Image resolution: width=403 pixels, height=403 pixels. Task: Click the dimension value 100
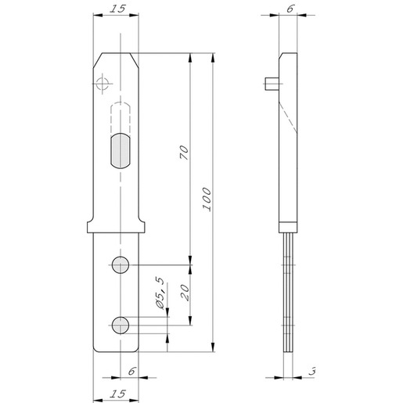click(207, 199)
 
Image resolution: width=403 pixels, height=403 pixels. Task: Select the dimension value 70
click(184, 153)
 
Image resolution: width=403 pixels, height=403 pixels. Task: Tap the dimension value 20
click(184, 293)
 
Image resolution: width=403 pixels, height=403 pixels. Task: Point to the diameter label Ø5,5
click(160, 293)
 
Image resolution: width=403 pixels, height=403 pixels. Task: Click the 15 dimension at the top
click(117, 9)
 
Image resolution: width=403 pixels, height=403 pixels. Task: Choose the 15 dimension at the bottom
click(117, 394)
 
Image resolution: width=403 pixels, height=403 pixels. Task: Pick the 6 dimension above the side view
click(290, 9)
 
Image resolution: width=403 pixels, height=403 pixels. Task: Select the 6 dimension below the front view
click(132, 371)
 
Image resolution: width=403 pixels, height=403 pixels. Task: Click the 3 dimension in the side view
click(312, 371)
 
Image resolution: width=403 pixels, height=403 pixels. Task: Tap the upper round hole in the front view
click(121, 264)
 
